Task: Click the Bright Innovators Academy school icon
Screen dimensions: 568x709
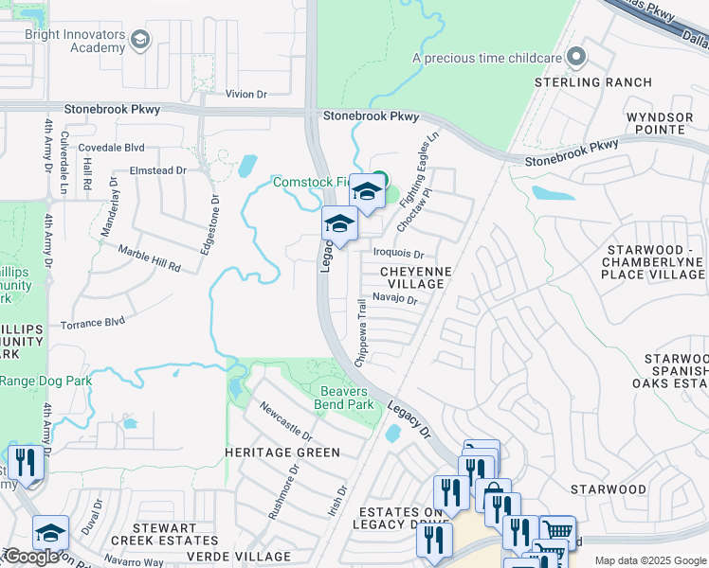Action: point(140,39)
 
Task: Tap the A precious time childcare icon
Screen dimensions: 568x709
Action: point(575,58)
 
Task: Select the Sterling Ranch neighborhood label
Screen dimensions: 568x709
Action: point(593,82)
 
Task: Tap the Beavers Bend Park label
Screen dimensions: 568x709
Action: point(346,398)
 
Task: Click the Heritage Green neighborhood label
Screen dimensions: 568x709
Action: point(282,453)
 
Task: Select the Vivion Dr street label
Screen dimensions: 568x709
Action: point(246,95)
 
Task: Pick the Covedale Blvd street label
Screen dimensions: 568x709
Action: point(111,148)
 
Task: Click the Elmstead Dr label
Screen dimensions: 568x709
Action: point(158,170)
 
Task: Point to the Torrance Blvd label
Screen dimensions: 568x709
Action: point(93,323)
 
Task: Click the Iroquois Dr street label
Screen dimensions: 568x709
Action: point(398,254)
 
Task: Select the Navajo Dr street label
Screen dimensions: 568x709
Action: point(395,298)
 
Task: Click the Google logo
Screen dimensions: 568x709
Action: point(31,557)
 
